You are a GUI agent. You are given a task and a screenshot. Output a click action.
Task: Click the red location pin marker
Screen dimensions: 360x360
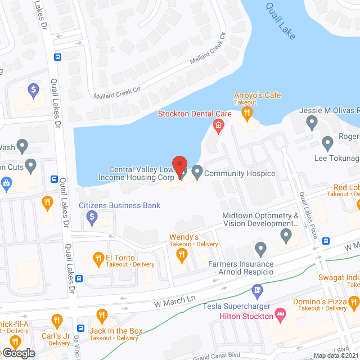179,167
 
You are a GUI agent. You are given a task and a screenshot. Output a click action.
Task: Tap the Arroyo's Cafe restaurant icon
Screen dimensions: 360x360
246,113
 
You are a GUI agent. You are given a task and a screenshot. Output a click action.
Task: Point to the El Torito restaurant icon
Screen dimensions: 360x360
98,258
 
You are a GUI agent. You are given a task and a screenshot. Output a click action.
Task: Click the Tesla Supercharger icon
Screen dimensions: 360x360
258,290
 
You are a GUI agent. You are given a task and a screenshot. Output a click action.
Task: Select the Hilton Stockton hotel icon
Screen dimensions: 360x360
280,313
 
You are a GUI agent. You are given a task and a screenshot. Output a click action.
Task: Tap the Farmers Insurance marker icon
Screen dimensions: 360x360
260,248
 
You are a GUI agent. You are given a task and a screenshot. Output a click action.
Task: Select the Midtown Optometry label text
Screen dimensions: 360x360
260,219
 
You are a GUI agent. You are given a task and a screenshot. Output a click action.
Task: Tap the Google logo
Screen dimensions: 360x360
19,353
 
